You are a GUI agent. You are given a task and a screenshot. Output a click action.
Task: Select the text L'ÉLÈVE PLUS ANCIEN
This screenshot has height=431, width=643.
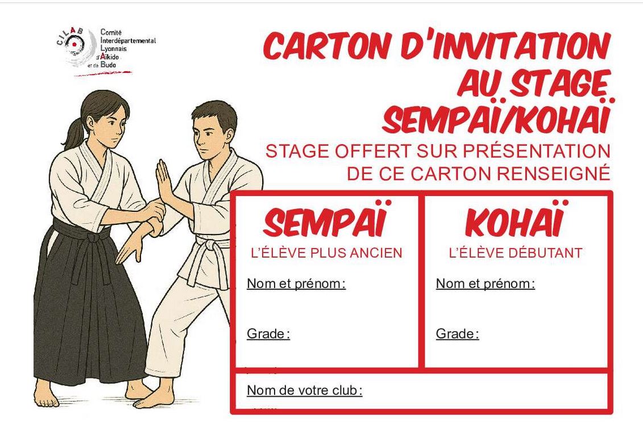click(x=327, y=253)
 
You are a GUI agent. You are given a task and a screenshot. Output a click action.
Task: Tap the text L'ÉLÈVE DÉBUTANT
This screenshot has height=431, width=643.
click(x=516, y=253)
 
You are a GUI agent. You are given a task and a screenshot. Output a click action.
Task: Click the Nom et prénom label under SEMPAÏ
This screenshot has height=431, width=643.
click(x=296, y=283)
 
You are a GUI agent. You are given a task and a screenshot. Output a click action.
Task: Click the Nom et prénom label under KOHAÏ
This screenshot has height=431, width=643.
click(x=485, y=283)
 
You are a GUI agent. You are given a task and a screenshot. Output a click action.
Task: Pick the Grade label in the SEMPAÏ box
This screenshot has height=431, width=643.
click(x=268, y=334)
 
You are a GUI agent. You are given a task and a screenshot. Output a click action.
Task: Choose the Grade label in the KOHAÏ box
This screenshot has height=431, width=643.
click(x=457, y=334)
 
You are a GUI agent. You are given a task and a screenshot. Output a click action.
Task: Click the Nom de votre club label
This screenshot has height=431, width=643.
click(x=304, y=391)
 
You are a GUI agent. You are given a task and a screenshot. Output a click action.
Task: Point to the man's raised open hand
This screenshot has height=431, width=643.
click(x=165, y=180)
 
